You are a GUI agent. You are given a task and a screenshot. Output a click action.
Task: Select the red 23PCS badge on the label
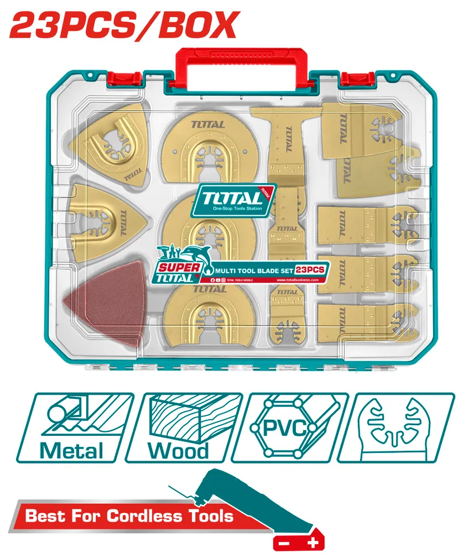coord(310,269)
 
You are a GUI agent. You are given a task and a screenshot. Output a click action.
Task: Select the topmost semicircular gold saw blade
coord(205,149)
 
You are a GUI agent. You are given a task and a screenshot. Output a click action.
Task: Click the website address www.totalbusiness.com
coord(296,280)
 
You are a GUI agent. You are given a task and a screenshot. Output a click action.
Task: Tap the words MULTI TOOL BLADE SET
coord(252,270)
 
